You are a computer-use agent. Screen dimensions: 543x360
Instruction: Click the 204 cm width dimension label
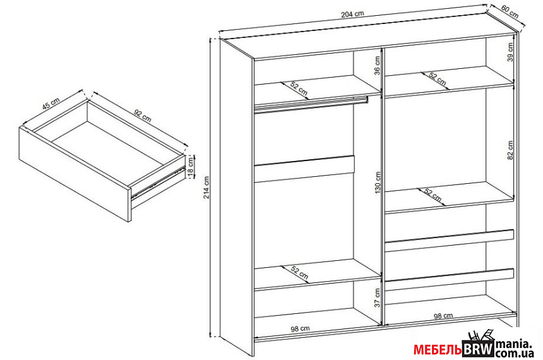tap(352, 14)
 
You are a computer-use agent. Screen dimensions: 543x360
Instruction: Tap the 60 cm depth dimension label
tap(510, 13)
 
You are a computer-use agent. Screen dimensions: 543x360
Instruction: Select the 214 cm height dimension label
tap(206, 188)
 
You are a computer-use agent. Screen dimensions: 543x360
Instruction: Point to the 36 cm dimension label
tap(377, 65)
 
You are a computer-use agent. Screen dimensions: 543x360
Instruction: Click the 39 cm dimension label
tap(510, 52)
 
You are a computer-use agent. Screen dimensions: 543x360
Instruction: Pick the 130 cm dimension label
tap(378, 183)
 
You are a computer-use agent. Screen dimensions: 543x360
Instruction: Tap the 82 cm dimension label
tap(510, 150)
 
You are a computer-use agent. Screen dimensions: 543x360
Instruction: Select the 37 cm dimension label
tap(378, 297)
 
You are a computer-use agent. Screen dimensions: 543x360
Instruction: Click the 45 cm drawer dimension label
tap(51, 103)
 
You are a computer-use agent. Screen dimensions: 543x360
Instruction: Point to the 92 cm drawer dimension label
tap(143, 116)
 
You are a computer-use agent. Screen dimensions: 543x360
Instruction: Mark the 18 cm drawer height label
tap(191, 167)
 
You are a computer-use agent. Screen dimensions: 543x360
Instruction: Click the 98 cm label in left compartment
tap(300, 329)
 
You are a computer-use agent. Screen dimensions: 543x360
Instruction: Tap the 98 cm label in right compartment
tap(443, 316)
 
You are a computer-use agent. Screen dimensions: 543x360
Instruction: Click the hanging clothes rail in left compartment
tap(311, 104)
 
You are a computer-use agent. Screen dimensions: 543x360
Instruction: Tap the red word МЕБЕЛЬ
tap(438, 350)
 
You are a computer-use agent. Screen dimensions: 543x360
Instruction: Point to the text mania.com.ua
tap(513, 349)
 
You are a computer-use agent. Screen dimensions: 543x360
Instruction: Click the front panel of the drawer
tap(76, 174)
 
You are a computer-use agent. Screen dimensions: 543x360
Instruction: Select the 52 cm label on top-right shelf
tap(437, 80)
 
